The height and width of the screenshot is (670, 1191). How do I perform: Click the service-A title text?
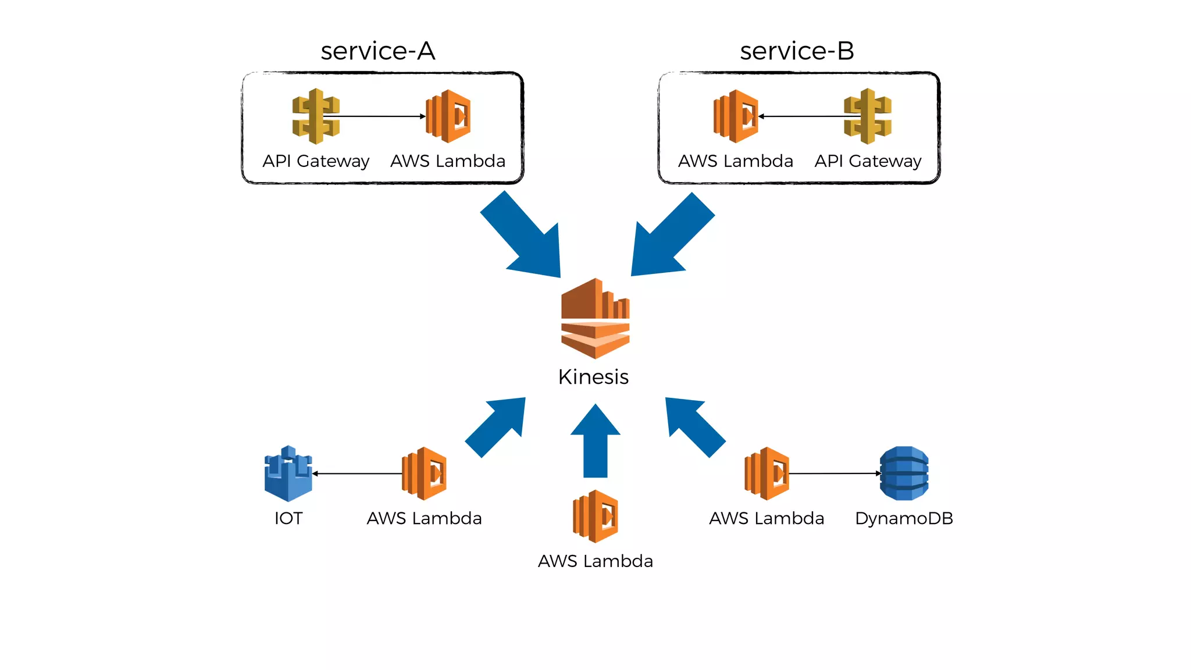tap(377, 51)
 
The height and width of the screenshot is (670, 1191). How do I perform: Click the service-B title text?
tap(797, 51)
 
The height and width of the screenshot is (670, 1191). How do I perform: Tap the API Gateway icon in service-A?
tap(315, 116)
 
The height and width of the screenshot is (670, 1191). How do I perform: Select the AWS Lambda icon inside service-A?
tap(448, 116)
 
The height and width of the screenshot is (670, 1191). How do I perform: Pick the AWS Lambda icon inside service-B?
tap(736, 116)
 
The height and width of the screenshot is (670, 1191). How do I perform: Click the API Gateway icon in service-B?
tap(868, 116)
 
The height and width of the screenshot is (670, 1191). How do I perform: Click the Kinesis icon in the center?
tap(595, 318)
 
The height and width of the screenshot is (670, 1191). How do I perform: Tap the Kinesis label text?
tap(593, 377)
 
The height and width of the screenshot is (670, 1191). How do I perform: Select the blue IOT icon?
tap(288, 473)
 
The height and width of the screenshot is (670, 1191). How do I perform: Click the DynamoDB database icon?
tap(904, 473)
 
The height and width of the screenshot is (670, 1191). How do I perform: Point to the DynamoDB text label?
tap(904, 518)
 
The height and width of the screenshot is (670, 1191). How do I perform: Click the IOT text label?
tap(288, 518)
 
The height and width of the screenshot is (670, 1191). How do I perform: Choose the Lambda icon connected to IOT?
tap(424, 473)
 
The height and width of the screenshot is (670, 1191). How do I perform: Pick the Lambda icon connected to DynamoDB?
tap(766, 473)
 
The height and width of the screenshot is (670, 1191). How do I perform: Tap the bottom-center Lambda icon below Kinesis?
tap(595, 516)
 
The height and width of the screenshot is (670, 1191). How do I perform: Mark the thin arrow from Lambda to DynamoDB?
tap(835, 473)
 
